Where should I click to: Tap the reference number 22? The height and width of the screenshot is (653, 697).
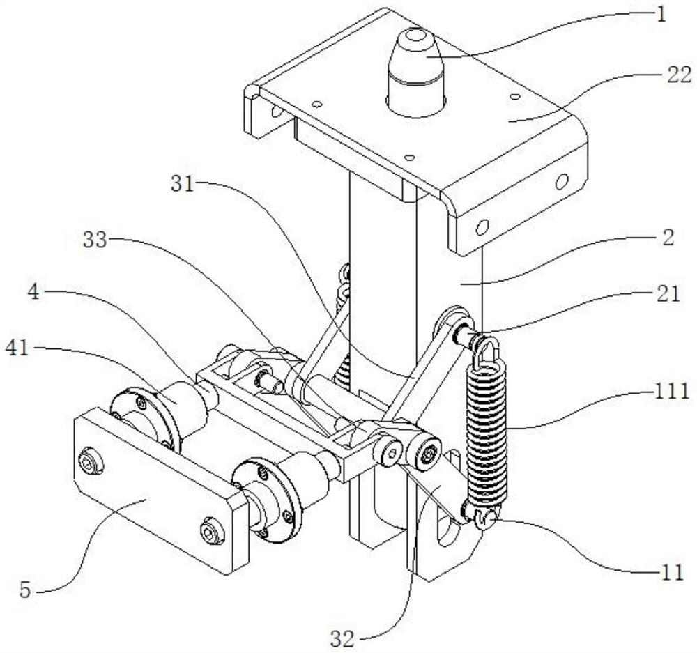(x=659, y=75)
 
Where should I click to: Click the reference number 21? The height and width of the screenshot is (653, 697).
(x=668, y=294)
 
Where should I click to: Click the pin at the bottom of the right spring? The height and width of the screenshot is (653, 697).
(x=488, y=518)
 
